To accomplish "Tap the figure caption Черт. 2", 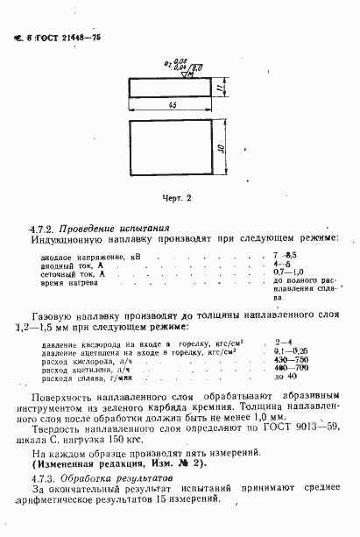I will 175,198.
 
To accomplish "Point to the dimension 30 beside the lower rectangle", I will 222,149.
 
